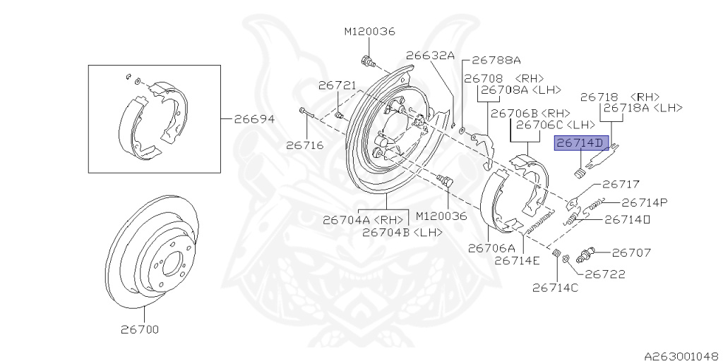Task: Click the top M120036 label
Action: click(x=369, y=31)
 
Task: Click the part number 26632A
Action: click(x=430, y=55)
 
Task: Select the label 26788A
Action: click(x=496, y=60)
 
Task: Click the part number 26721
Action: click(x=336, y=85)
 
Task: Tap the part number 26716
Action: click(x=304, y=146)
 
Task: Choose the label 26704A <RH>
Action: click(x=362, y=220)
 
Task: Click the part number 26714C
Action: click(x=555, y=287)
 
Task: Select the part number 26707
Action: click(x=631, y=252)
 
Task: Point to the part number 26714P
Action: click(x=645, y=202)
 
